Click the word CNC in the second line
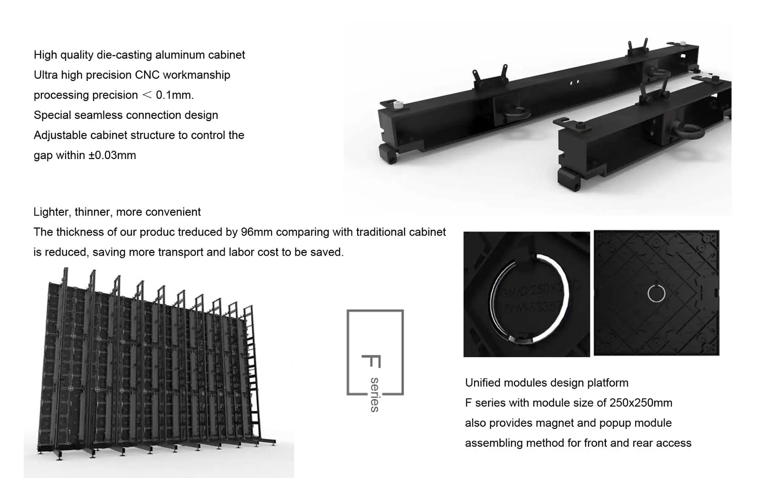147,75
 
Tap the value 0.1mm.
175,95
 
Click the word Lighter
51,212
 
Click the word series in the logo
375,395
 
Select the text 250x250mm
641,403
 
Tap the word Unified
482,383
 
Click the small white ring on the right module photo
656,294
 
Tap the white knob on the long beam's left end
398,104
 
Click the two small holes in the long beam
574,82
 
